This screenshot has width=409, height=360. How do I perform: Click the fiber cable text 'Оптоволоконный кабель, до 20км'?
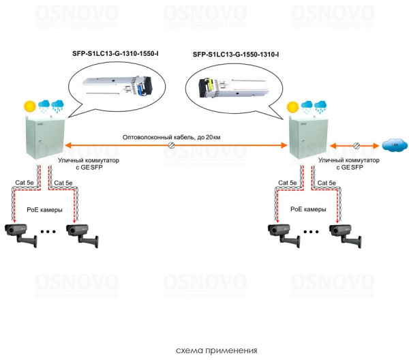coord(171,138)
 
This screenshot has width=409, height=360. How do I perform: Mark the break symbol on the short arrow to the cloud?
coord(355,145)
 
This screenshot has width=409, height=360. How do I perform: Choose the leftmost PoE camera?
coord(21,232)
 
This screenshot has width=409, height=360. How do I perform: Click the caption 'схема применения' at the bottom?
coord(216,350)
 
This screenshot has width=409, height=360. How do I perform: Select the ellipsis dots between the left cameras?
coord(48,232)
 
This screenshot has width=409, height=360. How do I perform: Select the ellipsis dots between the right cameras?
coord(312,232)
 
